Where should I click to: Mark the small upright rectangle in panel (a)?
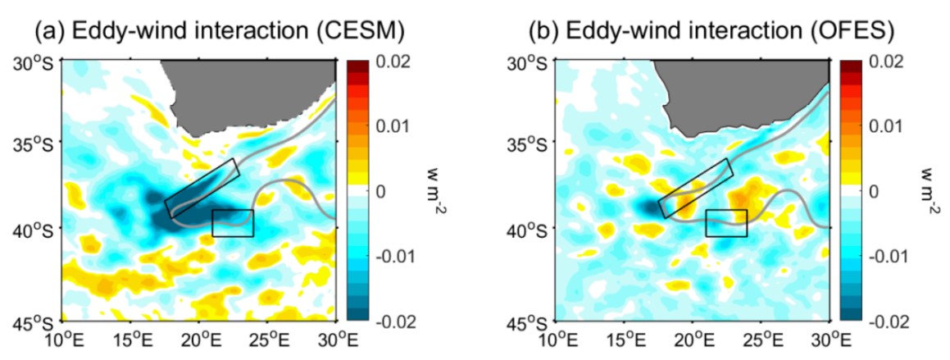pyautogui.click(x=233, y=223)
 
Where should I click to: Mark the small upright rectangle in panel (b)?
pyautogui.click(x=726, y=223)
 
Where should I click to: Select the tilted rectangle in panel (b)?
pyautogui.click(x=695, y=188)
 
